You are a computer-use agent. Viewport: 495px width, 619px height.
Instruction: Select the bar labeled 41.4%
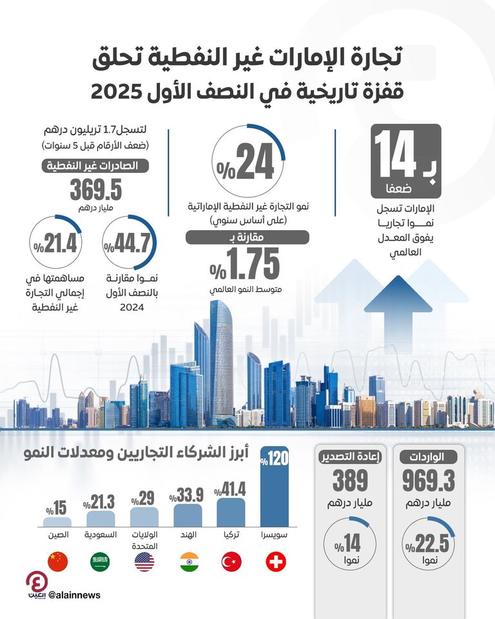(231, 513)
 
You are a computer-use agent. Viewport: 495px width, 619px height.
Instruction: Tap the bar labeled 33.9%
(188, 516)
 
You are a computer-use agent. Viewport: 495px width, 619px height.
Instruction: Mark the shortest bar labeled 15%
(58, 522)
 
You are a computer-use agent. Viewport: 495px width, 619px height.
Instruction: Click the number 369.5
(96, 190)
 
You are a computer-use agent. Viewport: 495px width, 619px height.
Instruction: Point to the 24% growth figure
(246, 162)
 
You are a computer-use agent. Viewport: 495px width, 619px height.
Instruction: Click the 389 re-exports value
(351, 480)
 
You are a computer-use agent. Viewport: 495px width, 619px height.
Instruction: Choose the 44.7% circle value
(131, 246)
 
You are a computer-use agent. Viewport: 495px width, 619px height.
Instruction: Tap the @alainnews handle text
(74, 595)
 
